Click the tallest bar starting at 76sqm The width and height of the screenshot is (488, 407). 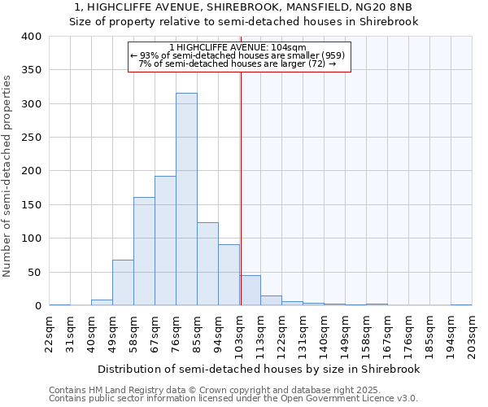(186, 199)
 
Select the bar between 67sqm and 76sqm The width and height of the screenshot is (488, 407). (165, 241)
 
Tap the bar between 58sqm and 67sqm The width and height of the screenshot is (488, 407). (144, 252)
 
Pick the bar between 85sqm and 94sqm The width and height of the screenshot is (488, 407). (207, 264)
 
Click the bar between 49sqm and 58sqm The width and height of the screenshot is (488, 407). (123, 282)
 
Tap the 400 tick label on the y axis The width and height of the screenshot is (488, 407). (32, 37)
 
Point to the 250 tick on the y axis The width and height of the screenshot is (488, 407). (32, 138)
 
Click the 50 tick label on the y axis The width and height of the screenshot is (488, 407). (35, 272)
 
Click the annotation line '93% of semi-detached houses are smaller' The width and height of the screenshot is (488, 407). (238, 55)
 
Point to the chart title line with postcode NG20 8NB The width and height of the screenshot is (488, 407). (244, 7)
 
